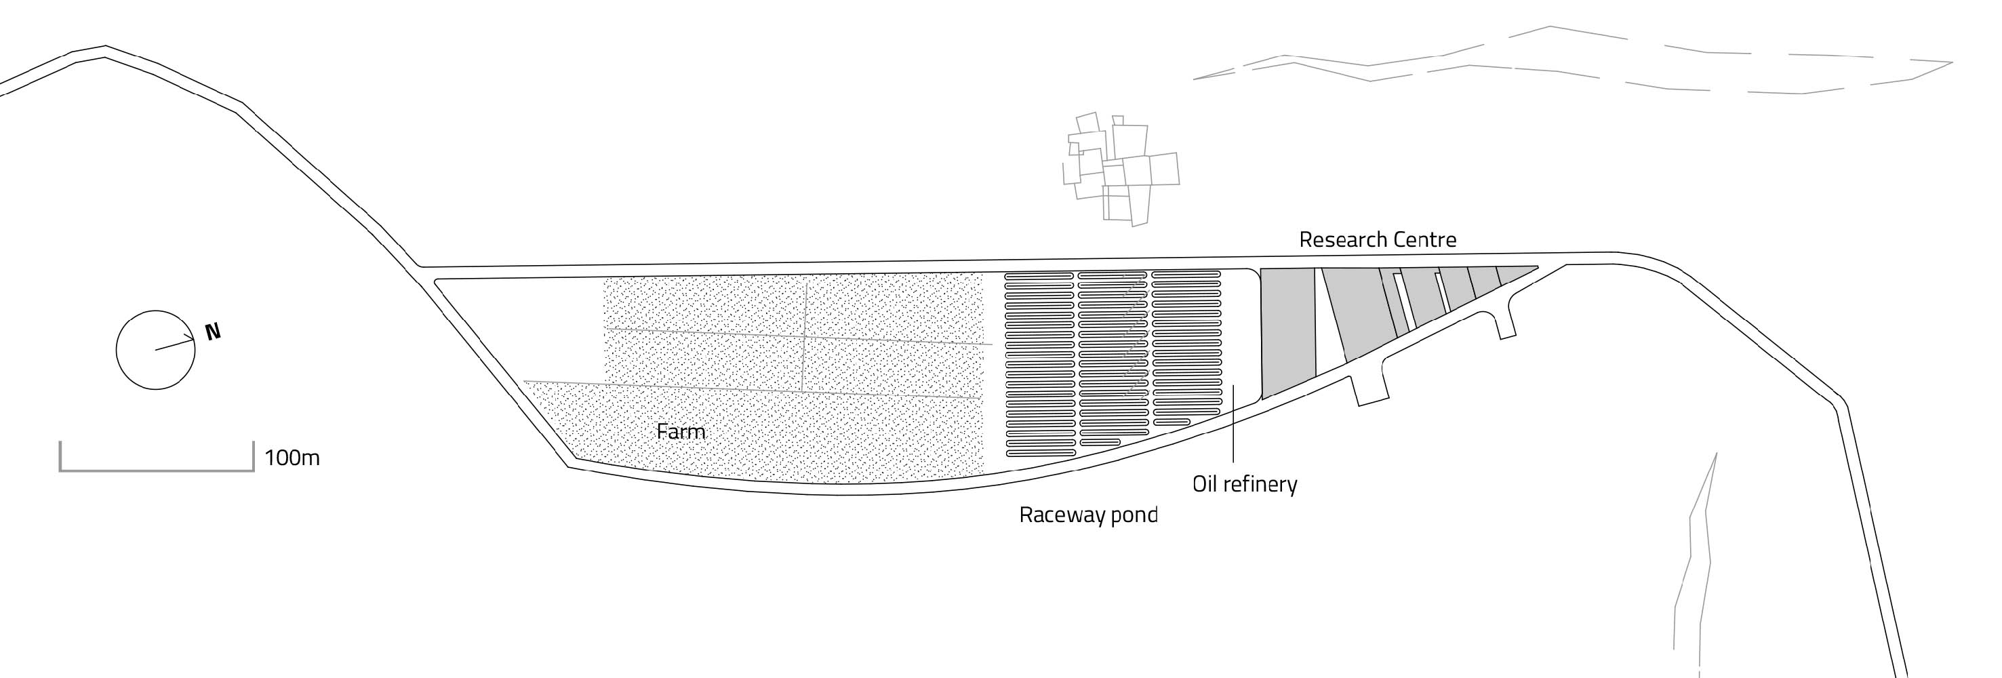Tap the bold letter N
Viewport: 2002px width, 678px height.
[x=213, y=332]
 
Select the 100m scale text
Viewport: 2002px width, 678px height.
[x=292, y=458]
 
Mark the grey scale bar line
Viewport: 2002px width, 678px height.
[x=156, y=470]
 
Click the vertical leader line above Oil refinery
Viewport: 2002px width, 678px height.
[x=1234, y=424]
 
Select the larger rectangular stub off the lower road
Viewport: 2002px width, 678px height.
[x=1369, y=386]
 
